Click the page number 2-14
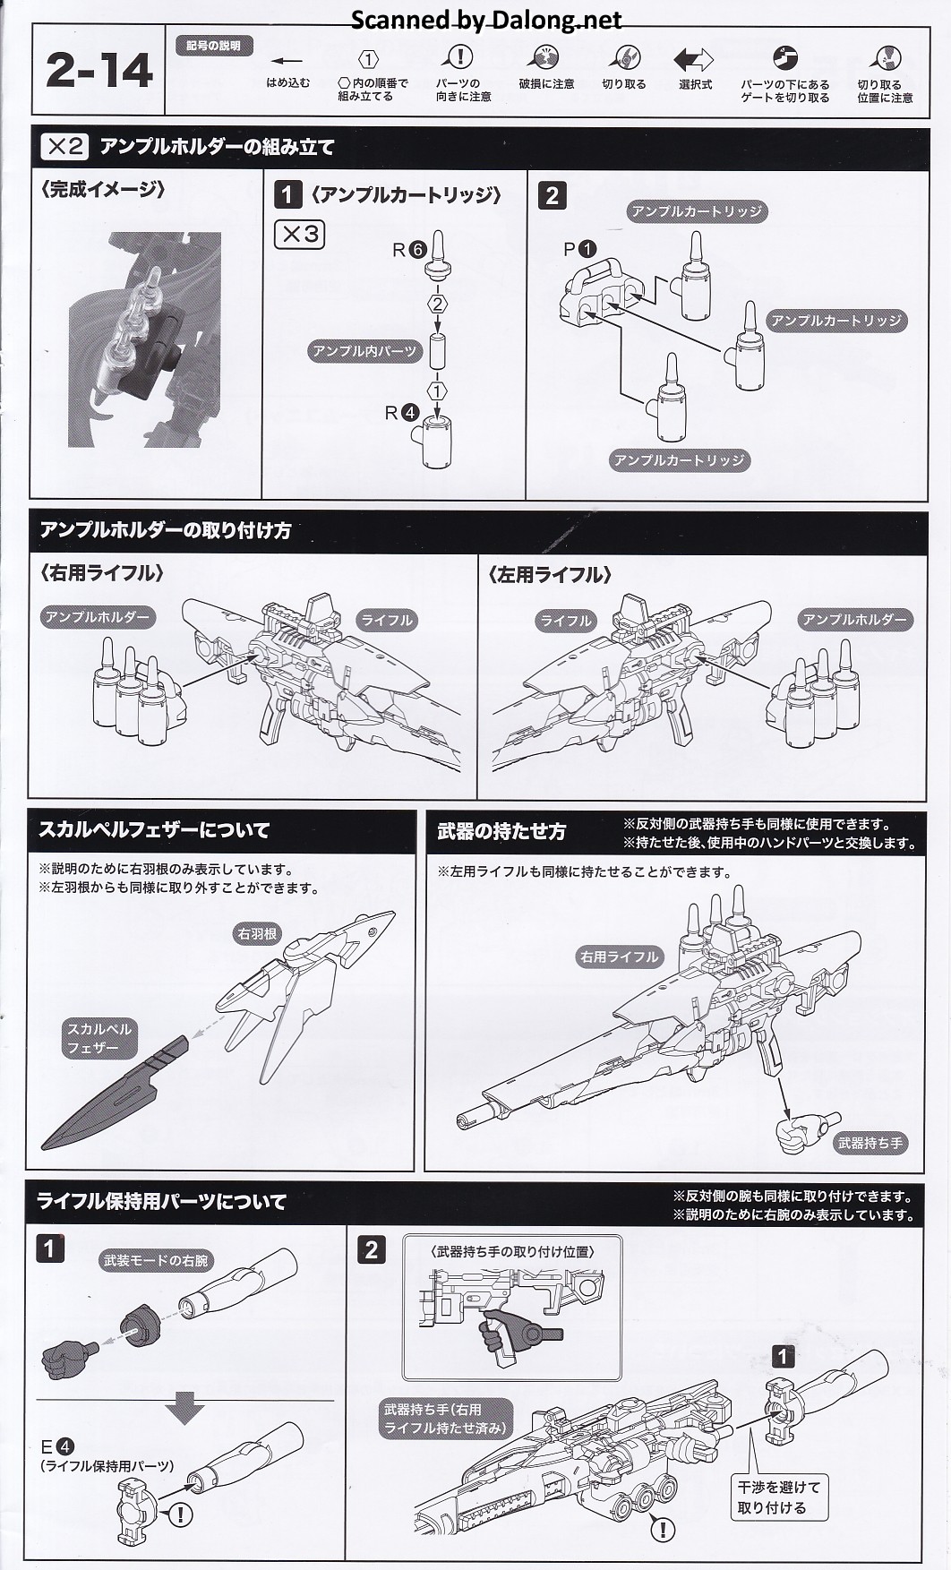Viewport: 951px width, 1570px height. [x=99, y=72]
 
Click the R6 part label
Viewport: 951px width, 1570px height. [x=408, y=250]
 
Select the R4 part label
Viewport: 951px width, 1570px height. [x=400, y=413]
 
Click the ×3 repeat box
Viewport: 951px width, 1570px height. [x=299, y=235]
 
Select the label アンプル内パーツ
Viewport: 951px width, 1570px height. [x=364, y=351]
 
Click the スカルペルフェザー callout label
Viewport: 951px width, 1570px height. [x=99, y=1038]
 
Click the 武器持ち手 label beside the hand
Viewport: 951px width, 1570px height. [x=870, y=1143]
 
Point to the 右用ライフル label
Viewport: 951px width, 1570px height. [x=619, y=957]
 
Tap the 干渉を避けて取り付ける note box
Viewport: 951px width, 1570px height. [x=778, y=1497]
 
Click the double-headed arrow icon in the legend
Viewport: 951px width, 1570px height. [x=693, y=60]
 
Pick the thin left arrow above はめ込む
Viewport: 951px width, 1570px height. [x=287, y=61]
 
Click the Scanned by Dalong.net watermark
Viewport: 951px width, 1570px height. [x=485, y=20]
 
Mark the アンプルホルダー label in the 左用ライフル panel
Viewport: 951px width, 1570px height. [x=854, y=620]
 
